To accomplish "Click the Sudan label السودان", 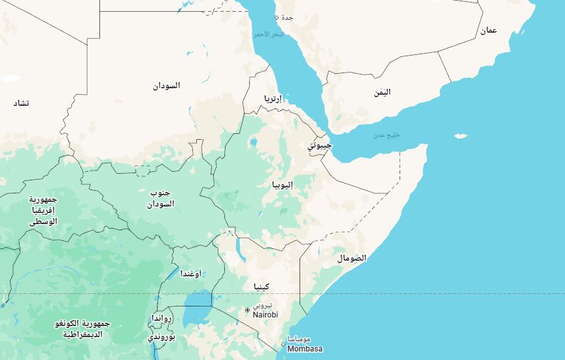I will pyautogui.click(x=167, y=86).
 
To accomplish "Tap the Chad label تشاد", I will pyautogui.click(x=22, y=103).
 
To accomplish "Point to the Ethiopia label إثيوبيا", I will pyautogui.click(x=282, y=185).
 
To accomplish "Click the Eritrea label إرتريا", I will pyautogui.click(x=273, y=99).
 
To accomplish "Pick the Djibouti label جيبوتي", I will pyautogui.click(x=320, y=145).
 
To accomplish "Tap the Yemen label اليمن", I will pyautogui.click(x=382, y=92).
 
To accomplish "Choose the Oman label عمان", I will pyautogui.click(x=488, y=31).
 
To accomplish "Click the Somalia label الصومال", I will pyautogui.click(x=352, y=258).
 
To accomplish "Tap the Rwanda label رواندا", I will pyautogui.click(x=162, y=318).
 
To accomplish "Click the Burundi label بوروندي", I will pyautogui.click(x=162, y=337).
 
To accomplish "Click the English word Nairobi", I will pyautogui.click(x=265, y=315).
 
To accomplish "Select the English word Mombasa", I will pyautogui.click(x=305, y=349).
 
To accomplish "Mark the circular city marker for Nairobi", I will pyautogui.click(x=247, y=310).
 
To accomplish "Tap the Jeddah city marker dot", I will pyautogui.click(x=277, y=17).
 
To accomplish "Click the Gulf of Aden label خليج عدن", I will pyautogui.click(x=386, y=135).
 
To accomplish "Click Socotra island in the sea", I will pyautogui.click(x=461, y=136).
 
